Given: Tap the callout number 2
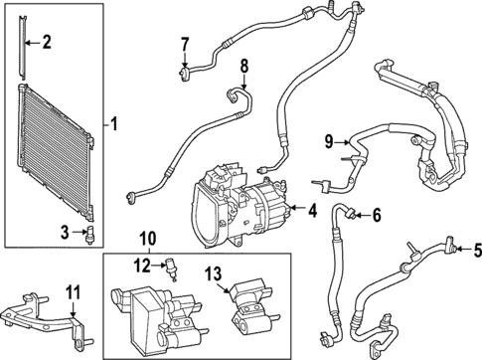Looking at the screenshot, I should (x=47, y=42).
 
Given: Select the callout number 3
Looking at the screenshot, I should (x=64, y=232).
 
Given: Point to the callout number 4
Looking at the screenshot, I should (x=311, y=210).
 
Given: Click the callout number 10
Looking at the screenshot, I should (x=148, y=239).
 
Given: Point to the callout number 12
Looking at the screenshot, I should (x=142, y=264).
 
